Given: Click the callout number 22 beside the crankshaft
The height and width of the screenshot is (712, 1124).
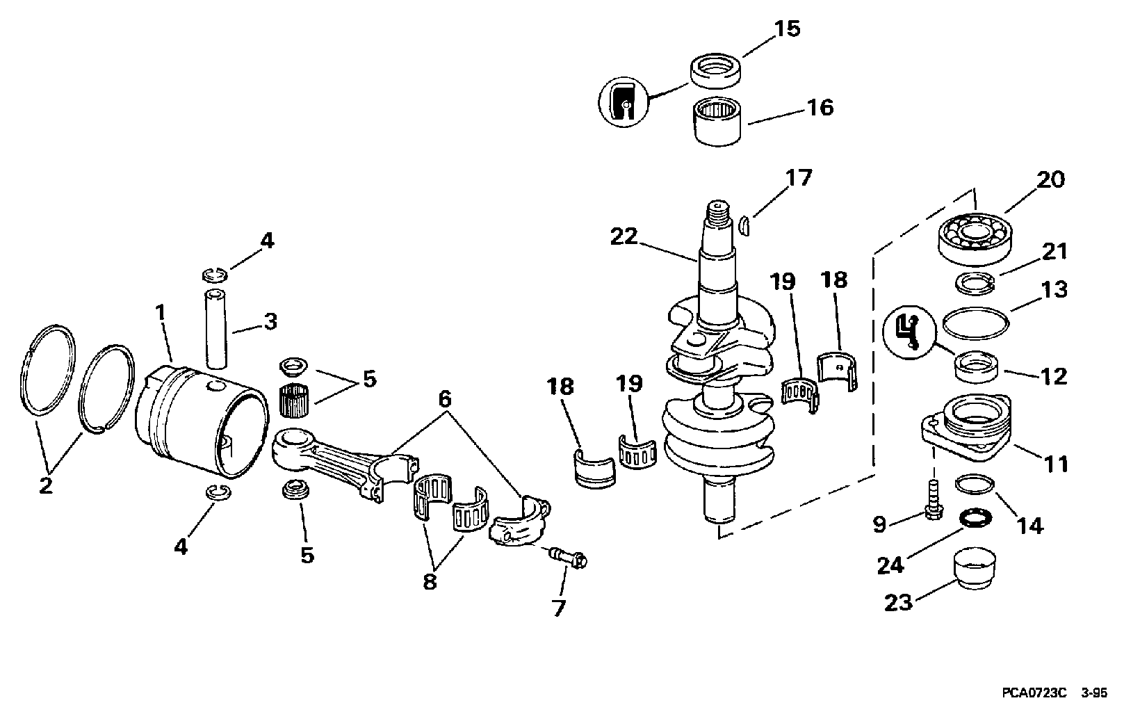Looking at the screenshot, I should (624, 236).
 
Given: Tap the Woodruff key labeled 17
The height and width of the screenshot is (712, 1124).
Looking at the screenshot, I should (743, 225).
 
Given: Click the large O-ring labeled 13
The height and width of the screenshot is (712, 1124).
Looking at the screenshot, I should (975, 323).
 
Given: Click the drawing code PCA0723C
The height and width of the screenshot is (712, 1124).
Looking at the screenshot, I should (1034, 693).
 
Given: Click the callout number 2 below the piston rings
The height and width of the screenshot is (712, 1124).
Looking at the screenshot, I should (45, 485).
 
